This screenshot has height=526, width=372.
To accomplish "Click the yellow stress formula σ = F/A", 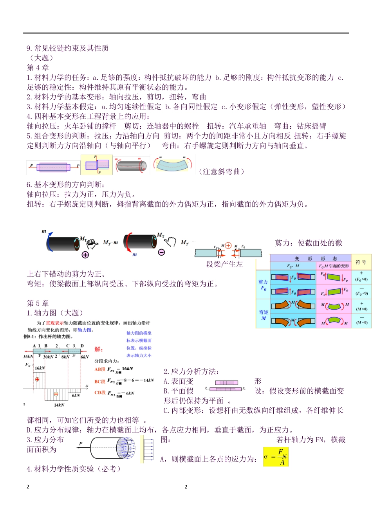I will coord(276,457).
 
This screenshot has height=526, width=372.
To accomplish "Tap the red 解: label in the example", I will coord(98,349).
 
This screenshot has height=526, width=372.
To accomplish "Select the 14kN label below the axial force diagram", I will coord(59,405).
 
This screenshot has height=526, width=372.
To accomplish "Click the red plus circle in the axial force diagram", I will coord(37,379).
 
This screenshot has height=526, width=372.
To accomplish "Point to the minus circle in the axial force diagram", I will coord(56,394).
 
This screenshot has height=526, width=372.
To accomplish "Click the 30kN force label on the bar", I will coord(48,357).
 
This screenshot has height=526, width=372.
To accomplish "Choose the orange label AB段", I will coord(100,369).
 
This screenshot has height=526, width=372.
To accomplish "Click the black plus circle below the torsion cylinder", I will coord(85,255).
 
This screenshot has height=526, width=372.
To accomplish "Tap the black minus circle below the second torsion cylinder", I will coord(161,252).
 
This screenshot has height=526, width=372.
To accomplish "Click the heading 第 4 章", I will coord(38,68).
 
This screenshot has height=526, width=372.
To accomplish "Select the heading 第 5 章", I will coord(38,303).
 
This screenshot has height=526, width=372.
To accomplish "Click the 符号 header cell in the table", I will coord(361,262).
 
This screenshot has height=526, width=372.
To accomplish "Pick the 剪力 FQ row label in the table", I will coord(263,285).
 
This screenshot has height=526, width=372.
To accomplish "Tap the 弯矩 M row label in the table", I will coord(264,315).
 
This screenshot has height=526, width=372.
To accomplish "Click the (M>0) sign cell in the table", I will coord(361,306).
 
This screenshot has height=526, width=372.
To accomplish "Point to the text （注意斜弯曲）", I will coord(222,171).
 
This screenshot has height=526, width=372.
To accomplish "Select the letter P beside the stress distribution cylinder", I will coord(81,444).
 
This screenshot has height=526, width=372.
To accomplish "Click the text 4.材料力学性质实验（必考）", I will coord(74,469).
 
